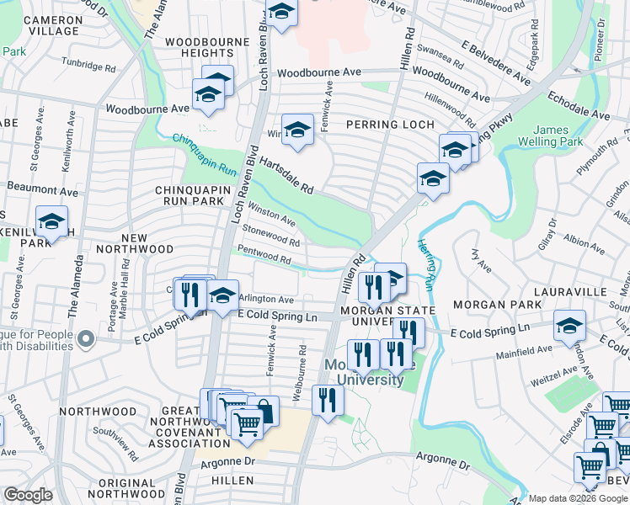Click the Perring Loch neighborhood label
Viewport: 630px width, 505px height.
tap(390, 125)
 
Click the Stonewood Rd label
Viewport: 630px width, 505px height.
tap(270, 235)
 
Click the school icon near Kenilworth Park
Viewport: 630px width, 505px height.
tap(51, 222)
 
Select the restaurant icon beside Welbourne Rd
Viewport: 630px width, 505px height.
tap(328, 398)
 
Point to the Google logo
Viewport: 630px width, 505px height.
tap(28, 495)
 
